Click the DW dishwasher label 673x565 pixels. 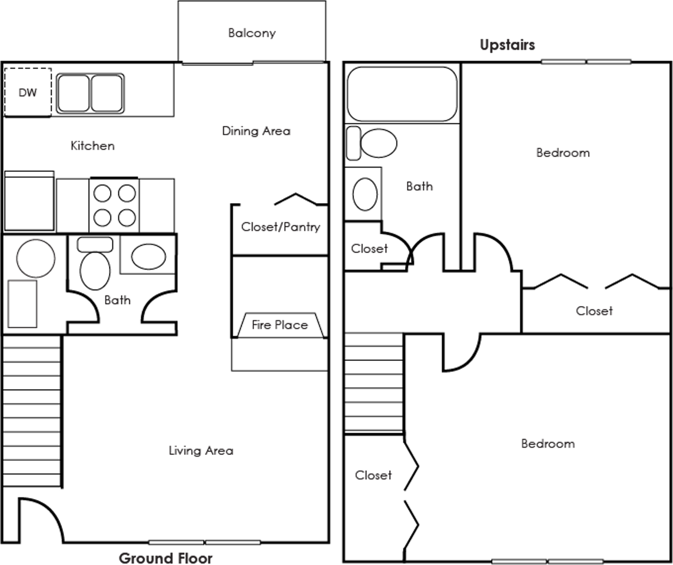point(28,92)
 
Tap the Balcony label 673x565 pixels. point(252,33)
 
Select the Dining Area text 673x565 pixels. point(256,131)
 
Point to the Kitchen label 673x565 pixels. point(92,146)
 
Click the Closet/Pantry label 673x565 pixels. point(281,227)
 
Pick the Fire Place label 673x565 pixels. point(280,325)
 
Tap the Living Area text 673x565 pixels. point(201,450)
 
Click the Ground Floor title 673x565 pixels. point(165,558)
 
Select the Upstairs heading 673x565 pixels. point(508,45)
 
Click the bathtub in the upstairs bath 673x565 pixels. point(402,94)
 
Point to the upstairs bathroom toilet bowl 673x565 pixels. point(379,143)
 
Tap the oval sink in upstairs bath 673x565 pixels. point(365,194)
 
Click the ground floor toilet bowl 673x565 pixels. point(95,271)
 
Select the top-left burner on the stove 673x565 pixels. point(102,194)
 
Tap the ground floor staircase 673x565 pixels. point(32,411)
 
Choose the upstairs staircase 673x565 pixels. point(373,382)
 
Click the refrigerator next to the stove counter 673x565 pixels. point(29,201)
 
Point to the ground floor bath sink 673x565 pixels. point(148,257)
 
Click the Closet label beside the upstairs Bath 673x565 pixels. point(369,249)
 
